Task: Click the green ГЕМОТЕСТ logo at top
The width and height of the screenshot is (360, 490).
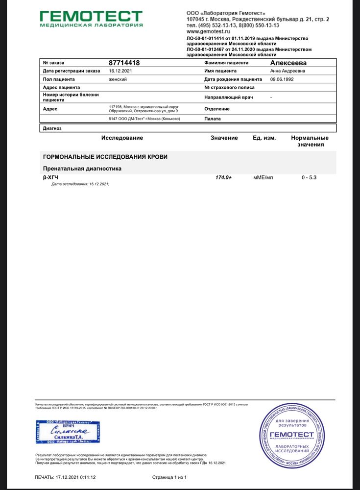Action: tap(91, 19)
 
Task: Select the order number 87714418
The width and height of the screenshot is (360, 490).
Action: tap(124, 63)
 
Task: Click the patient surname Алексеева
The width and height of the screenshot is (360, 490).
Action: tap(289, 63)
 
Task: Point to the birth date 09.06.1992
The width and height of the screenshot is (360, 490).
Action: tap(282, 79)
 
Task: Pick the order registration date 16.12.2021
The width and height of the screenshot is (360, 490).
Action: tap(120, 71)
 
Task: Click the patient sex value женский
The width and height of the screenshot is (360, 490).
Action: tap(118, 79)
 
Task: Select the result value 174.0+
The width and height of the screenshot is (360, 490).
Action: tap(223, 177)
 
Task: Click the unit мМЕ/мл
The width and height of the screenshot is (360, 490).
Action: tap(264, 177)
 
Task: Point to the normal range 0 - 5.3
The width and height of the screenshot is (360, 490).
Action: tap(309, 177)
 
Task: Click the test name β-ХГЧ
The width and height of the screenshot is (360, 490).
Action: tap(50, 177)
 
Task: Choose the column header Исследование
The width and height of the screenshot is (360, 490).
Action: tap(122, 138)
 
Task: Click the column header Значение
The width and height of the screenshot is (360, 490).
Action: tap(224, 138)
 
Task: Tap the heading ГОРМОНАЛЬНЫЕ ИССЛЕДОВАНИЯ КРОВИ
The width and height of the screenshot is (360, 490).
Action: tap(105, 157)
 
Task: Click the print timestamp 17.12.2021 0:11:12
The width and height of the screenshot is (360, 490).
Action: tap(65, 477)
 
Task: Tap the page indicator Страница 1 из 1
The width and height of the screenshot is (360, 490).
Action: tap(169, 477)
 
